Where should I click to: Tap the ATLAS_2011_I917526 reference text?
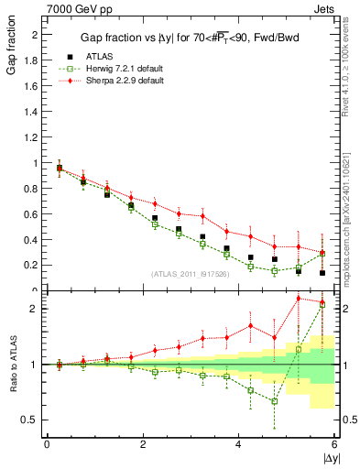[191, 273]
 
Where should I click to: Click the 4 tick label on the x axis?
[239, 444]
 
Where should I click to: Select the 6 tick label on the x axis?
[334, 444]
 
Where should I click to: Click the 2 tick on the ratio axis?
[35, 309]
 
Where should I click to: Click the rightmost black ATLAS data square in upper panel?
[322, 273]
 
